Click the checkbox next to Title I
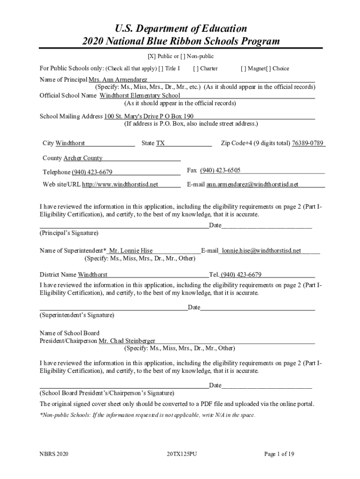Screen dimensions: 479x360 click(x=161, y=69)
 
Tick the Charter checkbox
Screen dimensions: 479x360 click(x=195, y=69)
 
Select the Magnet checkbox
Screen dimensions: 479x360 click(x=243, y=69)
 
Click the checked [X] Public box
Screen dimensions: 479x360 click(x=151, y=56)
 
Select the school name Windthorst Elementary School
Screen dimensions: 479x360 click(x=140, y=95)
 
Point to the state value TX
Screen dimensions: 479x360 click(x=160, y=143)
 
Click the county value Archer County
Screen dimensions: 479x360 click(x=83, y=158)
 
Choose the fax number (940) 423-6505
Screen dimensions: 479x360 click(x=220, y=170)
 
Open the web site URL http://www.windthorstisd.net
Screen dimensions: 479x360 click(x=120, y=184)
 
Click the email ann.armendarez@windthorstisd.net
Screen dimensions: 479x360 click(x=252, y=184)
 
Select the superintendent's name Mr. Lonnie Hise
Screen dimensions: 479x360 click(x=130, y=251)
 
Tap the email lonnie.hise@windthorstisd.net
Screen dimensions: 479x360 click(x=261, y=251)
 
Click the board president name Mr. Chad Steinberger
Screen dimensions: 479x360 click(x=127, y=341)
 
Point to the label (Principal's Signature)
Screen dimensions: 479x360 click(x=69, y=233)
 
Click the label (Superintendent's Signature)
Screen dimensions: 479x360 click(x=77, y=315)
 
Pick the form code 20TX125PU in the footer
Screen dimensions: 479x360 click(x=181, y=454)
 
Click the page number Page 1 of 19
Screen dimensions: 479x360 click(x=279, y=454)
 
